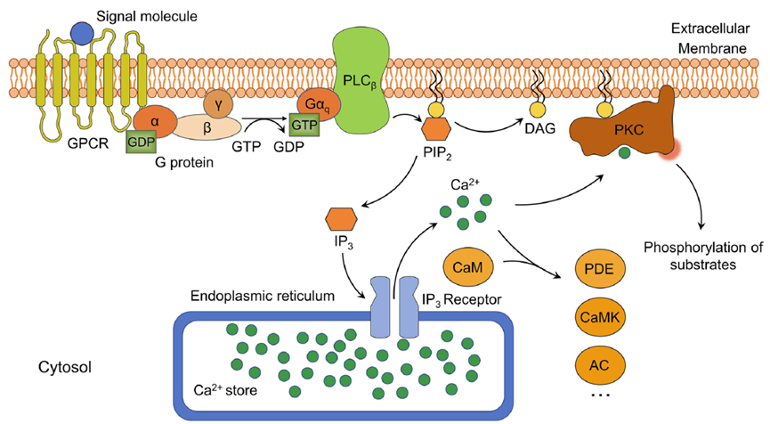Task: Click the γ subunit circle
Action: tap(220, 105)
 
